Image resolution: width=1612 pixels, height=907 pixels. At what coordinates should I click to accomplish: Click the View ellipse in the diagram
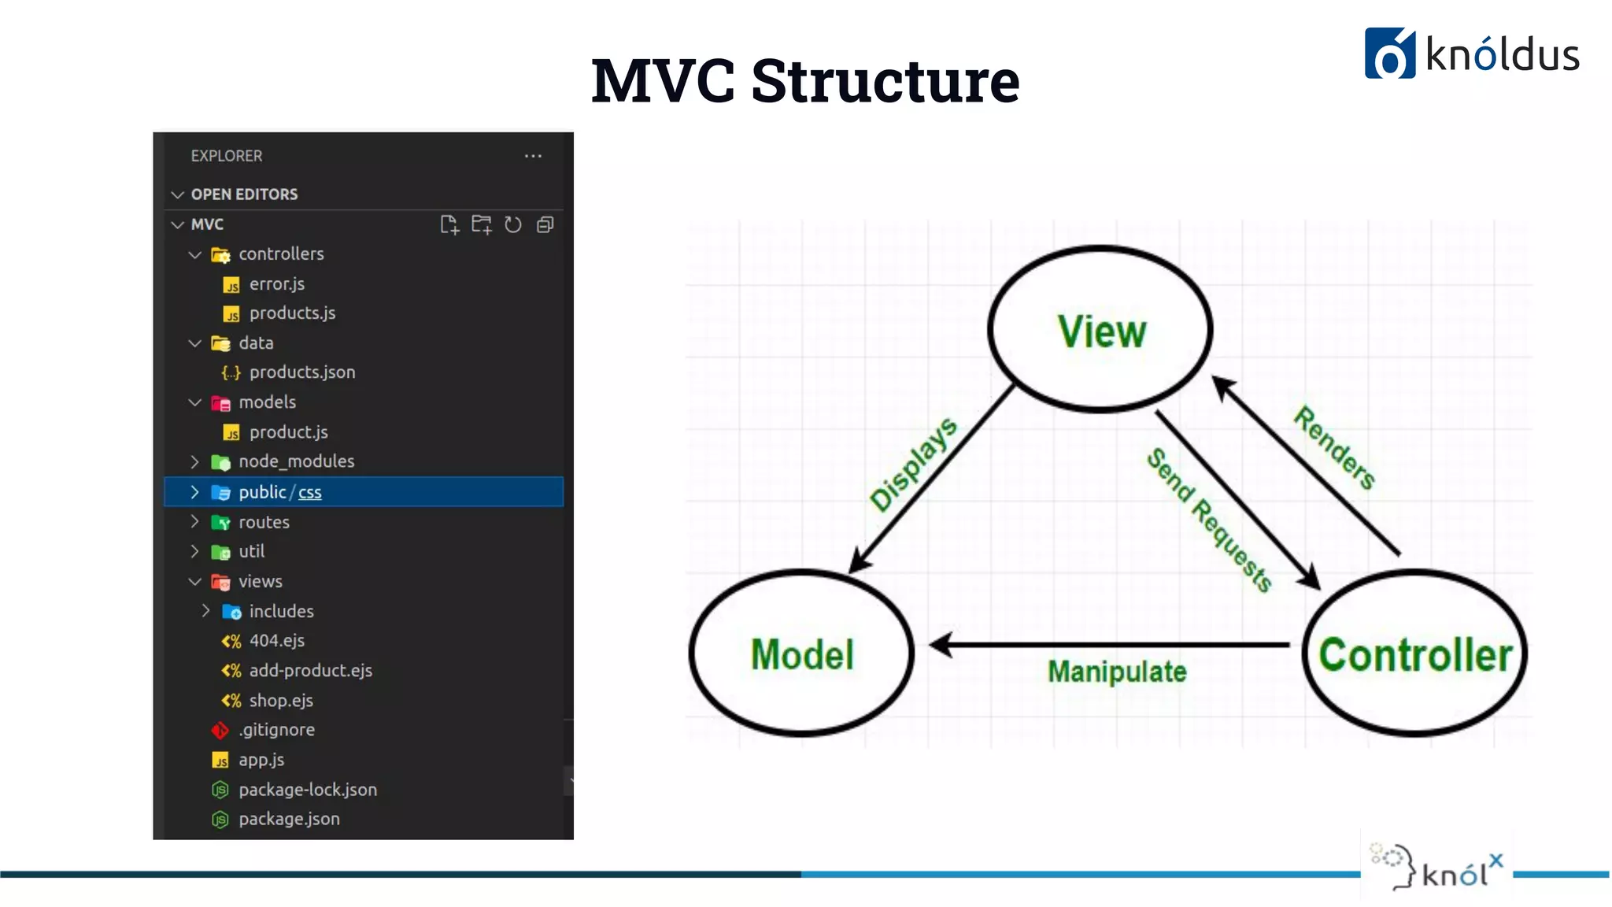coord(1100,330)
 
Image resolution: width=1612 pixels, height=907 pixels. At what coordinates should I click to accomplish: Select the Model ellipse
coord(801,653)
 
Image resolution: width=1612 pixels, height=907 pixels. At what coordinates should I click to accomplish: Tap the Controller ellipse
coord(1414,653)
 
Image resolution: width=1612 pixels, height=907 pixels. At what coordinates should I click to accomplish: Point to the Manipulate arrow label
coord(1116,672)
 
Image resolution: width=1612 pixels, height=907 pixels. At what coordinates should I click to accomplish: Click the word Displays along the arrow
coord(913,465)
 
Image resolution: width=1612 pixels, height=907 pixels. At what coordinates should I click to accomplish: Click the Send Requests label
coord(1209,520)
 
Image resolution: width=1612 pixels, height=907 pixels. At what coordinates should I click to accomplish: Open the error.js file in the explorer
coord(276,284)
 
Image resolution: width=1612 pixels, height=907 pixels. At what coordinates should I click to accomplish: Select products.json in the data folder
coord(301,372)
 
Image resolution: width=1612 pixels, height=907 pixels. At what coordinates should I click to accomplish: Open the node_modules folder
coord(296,461)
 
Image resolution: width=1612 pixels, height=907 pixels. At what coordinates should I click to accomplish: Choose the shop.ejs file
coord(280,701)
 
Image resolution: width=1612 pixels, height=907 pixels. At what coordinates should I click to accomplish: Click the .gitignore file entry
coord(276,730)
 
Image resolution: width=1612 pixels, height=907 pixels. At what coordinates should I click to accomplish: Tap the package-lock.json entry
coord(307,790)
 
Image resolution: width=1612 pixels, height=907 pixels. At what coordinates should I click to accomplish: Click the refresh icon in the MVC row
coord(513,225)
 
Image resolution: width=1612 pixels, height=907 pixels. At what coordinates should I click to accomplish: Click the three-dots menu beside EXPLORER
coord(533,156)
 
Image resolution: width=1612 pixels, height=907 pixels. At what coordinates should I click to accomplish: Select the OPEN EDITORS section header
coord(244,194)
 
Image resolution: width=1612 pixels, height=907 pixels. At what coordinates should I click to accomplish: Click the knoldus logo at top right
coord(1471,54)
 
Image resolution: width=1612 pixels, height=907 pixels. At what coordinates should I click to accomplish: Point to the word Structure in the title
coord(885,80)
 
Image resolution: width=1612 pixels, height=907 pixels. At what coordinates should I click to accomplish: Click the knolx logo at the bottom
coord(1437,868)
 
